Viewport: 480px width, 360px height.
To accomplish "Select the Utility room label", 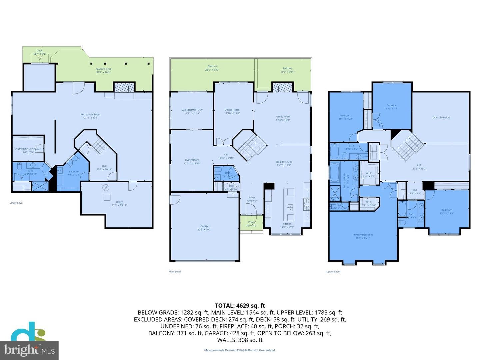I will point(119,203).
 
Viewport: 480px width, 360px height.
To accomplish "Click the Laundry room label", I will point(74,173).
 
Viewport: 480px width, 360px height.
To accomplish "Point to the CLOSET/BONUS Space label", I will point(28,151).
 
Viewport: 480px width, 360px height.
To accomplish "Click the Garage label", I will point(204,228).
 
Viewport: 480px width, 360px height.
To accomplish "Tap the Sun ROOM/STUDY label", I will point(192,111).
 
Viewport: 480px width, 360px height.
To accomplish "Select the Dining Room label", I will point(232,111).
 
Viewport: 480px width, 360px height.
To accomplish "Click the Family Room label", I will point(283,118).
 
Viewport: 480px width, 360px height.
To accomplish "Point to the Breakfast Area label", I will point(284,163).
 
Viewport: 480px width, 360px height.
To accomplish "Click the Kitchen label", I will point(287,225).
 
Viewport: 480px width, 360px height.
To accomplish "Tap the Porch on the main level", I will point(252,223).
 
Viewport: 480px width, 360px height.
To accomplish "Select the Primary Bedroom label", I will point(363,236).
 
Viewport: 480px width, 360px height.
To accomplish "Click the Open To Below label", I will point(441,117).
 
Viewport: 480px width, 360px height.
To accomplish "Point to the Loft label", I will point(419,167).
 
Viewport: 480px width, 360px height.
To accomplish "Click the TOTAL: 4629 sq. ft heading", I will point(240,305).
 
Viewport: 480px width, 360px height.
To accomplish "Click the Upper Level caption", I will point(333,272).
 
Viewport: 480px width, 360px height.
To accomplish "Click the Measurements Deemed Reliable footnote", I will point(240,350).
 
